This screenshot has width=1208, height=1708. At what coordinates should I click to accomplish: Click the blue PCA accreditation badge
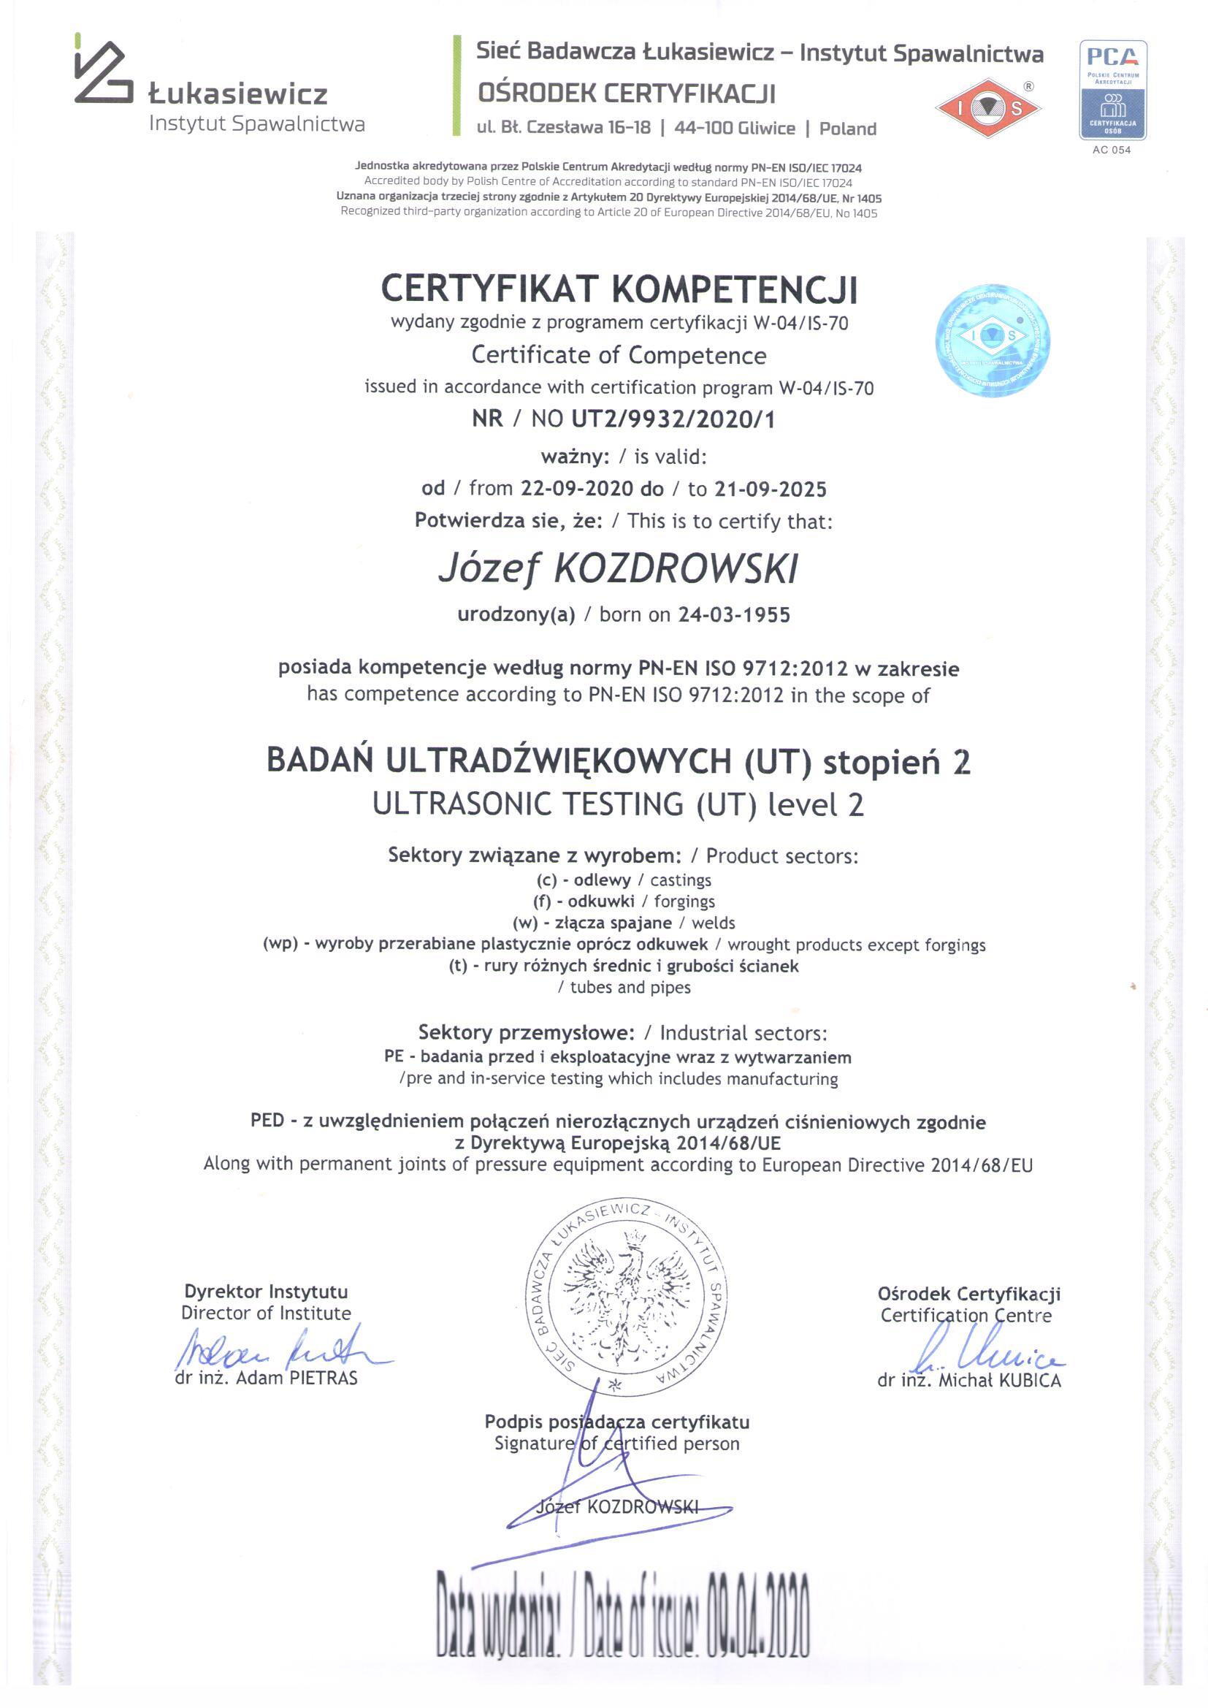(1112, 90)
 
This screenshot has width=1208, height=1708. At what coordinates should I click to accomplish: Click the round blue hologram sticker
(993, 339)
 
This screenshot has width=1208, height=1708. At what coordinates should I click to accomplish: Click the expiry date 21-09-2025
(771, 489)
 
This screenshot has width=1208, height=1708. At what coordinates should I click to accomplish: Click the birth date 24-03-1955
(734, 614)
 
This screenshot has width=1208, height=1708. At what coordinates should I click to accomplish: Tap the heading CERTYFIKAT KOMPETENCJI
(619, 289)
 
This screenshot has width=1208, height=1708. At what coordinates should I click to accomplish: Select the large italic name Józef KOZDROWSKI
(618, 569)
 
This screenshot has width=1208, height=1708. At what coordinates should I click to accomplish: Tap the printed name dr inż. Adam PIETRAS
(267, 1379)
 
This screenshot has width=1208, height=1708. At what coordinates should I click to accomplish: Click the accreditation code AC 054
(1112, 150)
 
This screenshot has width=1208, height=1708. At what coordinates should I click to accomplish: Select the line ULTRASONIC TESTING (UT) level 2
(618, 804)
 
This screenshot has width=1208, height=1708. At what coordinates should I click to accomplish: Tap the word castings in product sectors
(681, 880)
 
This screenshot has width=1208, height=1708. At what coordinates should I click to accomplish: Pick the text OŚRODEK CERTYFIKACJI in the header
(627, 94)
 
